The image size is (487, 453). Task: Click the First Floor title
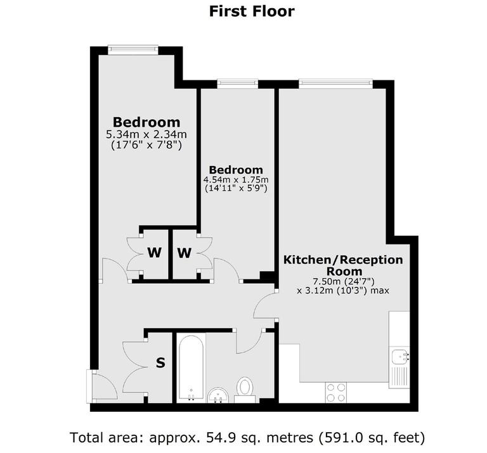coord(252,11)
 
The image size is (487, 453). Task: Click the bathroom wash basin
coord(218,395)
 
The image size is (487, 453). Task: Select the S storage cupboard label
coord(160,364)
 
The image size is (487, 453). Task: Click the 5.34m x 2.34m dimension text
coord(146,134)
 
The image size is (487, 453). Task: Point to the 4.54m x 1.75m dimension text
coord(236,180)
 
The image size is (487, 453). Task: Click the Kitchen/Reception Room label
coord(342,265)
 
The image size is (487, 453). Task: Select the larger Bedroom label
coord(146,122)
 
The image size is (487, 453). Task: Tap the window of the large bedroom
coord(133,49)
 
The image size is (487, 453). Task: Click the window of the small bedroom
coord(237,83)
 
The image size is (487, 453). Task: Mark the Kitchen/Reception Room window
coord(336,83)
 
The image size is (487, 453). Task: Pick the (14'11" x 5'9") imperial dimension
coord(236,189)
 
